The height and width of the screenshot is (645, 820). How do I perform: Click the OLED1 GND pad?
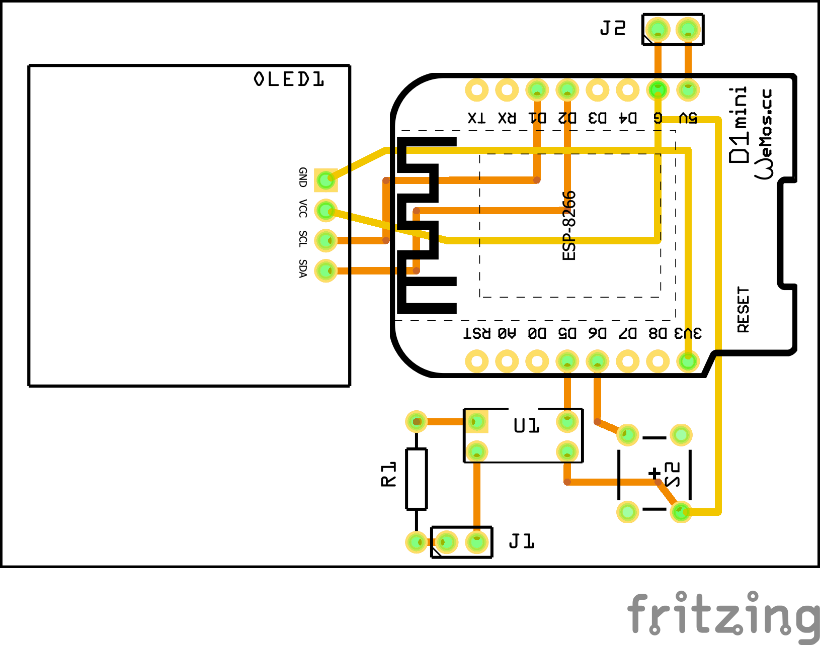326,179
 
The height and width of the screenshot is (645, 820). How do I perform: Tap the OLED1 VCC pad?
326,210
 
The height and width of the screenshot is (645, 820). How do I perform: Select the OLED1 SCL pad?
326,240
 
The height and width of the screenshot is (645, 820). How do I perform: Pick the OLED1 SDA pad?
326,271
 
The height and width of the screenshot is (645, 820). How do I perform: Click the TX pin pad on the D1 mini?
476,90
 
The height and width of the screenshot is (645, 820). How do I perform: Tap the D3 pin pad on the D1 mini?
597,90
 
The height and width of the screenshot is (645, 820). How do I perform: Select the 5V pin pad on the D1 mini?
688,90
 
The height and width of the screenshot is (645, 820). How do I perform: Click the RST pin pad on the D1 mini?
476,361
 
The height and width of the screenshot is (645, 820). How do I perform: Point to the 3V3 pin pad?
688,361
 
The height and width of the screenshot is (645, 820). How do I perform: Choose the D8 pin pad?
658,361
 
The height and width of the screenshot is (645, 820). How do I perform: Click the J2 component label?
613,29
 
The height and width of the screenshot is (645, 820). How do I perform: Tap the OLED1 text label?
289,79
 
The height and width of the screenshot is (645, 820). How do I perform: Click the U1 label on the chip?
526,426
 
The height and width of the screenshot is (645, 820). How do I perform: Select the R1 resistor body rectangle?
417,479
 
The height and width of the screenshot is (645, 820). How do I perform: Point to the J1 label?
521,541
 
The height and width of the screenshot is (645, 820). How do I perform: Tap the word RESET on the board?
743,310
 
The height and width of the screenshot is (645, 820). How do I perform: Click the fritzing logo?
723,614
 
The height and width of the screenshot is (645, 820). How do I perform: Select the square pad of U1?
476,422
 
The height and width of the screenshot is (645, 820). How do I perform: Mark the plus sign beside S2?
654,473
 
